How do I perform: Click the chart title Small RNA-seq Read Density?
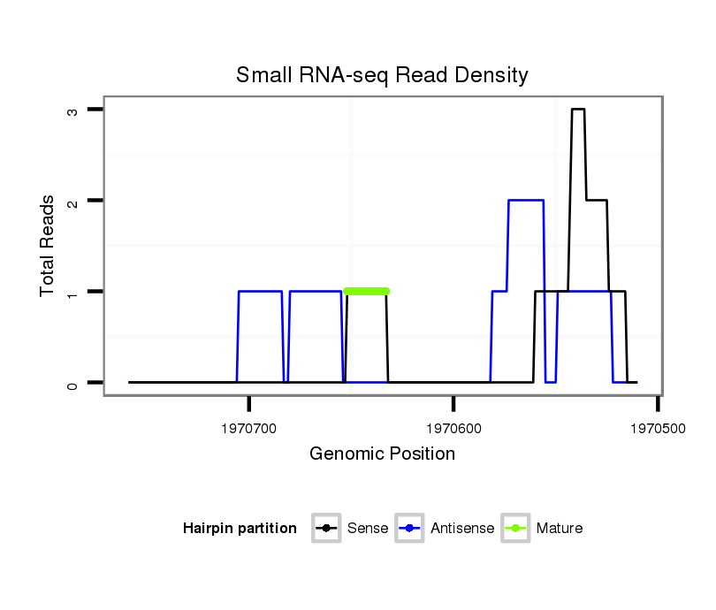click(382, 75)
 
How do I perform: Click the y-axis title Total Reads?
click(48, 246)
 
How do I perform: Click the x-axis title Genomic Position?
click(382, 454)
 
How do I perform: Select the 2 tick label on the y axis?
click(72, 201)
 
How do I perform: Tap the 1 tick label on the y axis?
click(72, 292)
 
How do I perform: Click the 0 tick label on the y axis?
click(72, 383)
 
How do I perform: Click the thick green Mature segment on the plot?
click(367, 291)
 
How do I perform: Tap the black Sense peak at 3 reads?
click(578, 110)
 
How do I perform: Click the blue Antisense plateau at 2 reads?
click(525, 201)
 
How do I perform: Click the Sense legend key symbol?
click(326, 529)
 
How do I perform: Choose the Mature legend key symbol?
click(515, 529)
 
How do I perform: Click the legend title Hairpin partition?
click(240, 529)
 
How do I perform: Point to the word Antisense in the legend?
click(462, 529)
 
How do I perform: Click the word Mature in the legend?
click(560, 529)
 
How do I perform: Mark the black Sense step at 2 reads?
click(597, 201)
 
